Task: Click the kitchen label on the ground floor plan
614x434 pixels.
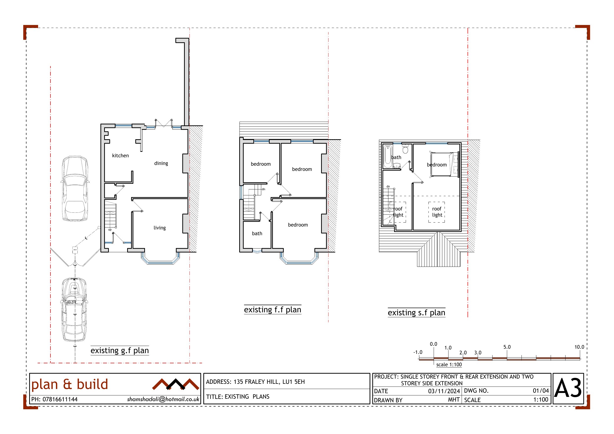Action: (x=120, y=155)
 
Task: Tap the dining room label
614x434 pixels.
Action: (x=161, y=163)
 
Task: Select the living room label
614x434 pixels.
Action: (x=160, y=228)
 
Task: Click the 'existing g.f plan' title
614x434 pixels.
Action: (x=119, y=351)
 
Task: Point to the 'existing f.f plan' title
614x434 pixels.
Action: (x=273, y=310)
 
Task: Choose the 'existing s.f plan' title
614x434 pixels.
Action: (x=416, y=313)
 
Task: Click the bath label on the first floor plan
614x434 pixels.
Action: (x=257, y=233)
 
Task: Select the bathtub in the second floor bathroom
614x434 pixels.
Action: (x=388, y=157)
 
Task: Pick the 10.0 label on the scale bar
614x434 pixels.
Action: (x=579, y=347)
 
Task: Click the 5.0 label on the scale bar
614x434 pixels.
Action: (x=507, y=347)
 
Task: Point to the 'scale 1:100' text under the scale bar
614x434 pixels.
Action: (x=449, y=365)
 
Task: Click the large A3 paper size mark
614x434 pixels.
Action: (x=568, y=388)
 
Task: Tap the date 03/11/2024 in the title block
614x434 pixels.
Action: (x=444, y=391)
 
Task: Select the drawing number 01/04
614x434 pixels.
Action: (x=541, y=391)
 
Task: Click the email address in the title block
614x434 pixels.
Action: (x=163, y=399)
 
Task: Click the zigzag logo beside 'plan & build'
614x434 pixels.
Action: (x=176, y=384)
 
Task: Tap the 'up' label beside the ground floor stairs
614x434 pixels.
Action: (x=110, y=230)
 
